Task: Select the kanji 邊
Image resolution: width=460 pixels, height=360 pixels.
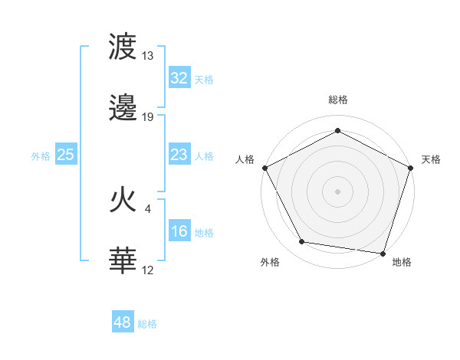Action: pos(123,110)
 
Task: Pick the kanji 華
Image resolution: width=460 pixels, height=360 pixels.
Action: pos(123,260)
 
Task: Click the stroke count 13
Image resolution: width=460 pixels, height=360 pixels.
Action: pos(148,56)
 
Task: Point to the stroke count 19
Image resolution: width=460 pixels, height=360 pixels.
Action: pos(148,117)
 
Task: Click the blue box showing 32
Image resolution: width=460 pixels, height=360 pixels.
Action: pos(179,78)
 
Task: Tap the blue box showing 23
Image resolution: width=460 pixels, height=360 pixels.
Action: pos(179,155)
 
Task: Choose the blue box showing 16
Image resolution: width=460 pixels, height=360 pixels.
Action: pos(179,231)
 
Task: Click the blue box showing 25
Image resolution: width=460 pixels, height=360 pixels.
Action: pos(66,155)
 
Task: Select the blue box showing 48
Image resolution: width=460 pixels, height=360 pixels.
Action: pos(123,322)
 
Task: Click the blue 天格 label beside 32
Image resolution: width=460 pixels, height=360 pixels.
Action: pos(204,80)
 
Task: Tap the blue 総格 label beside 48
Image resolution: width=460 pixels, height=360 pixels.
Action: pos(147,324)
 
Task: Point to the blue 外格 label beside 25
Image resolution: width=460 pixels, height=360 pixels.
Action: pos(41,156)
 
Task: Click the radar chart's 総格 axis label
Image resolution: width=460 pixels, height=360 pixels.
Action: pos(337,100)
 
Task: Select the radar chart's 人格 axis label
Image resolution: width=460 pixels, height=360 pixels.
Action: pos(245,159)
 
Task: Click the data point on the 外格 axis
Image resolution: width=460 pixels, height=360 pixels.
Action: pos(302,242)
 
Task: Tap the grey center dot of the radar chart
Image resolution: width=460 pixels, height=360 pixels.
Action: pos(337,191)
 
